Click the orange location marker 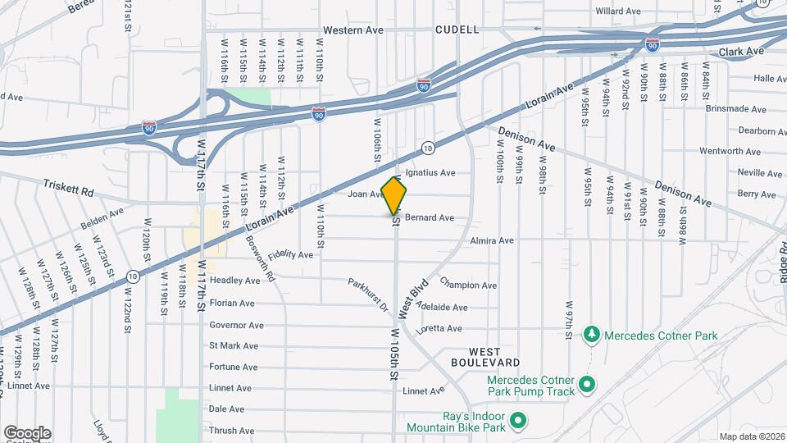coord(394,195)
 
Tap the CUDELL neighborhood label coord(457,30)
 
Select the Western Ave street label coord(353,30)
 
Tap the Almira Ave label coord(492,240)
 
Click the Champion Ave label coord(468,285)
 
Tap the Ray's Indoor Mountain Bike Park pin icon coord(517,422)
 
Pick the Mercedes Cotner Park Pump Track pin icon coord(586,384)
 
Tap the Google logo coord(27,432)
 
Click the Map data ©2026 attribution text coord(752,436)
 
